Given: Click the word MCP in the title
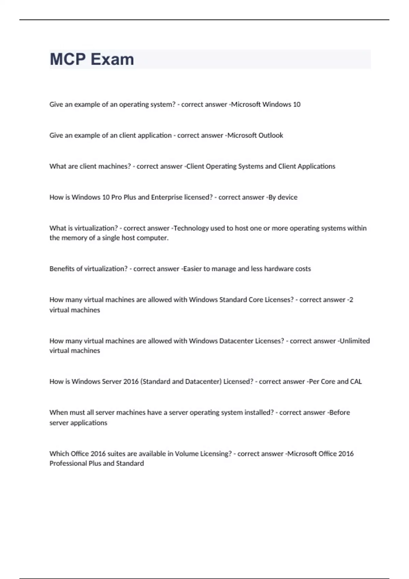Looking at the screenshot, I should pyautogui.click(x=68, y=59).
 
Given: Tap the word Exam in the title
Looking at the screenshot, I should pyautogui.click(x=112, y=59).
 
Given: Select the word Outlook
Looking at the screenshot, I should pyautogui.click(x=270, y=135).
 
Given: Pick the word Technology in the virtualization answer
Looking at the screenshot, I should pyautogui.click(x=191, y=228).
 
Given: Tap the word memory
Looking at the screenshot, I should pyautogui.click(x=74, y=238).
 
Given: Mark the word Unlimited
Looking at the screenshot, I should pyautogui.click(x=354, y=341).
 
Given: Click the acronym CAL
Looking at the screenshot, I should pyautogui.click(x=356, y=381).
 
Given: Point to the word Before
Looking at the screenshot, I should pyautogui.click(x=339, y=412).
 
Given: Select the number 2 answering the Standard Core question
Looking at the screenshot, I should pyautogui.click(x=351, y=300).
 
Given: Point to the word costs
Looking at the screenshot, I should pyautogui.click(x=303, y=269).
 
